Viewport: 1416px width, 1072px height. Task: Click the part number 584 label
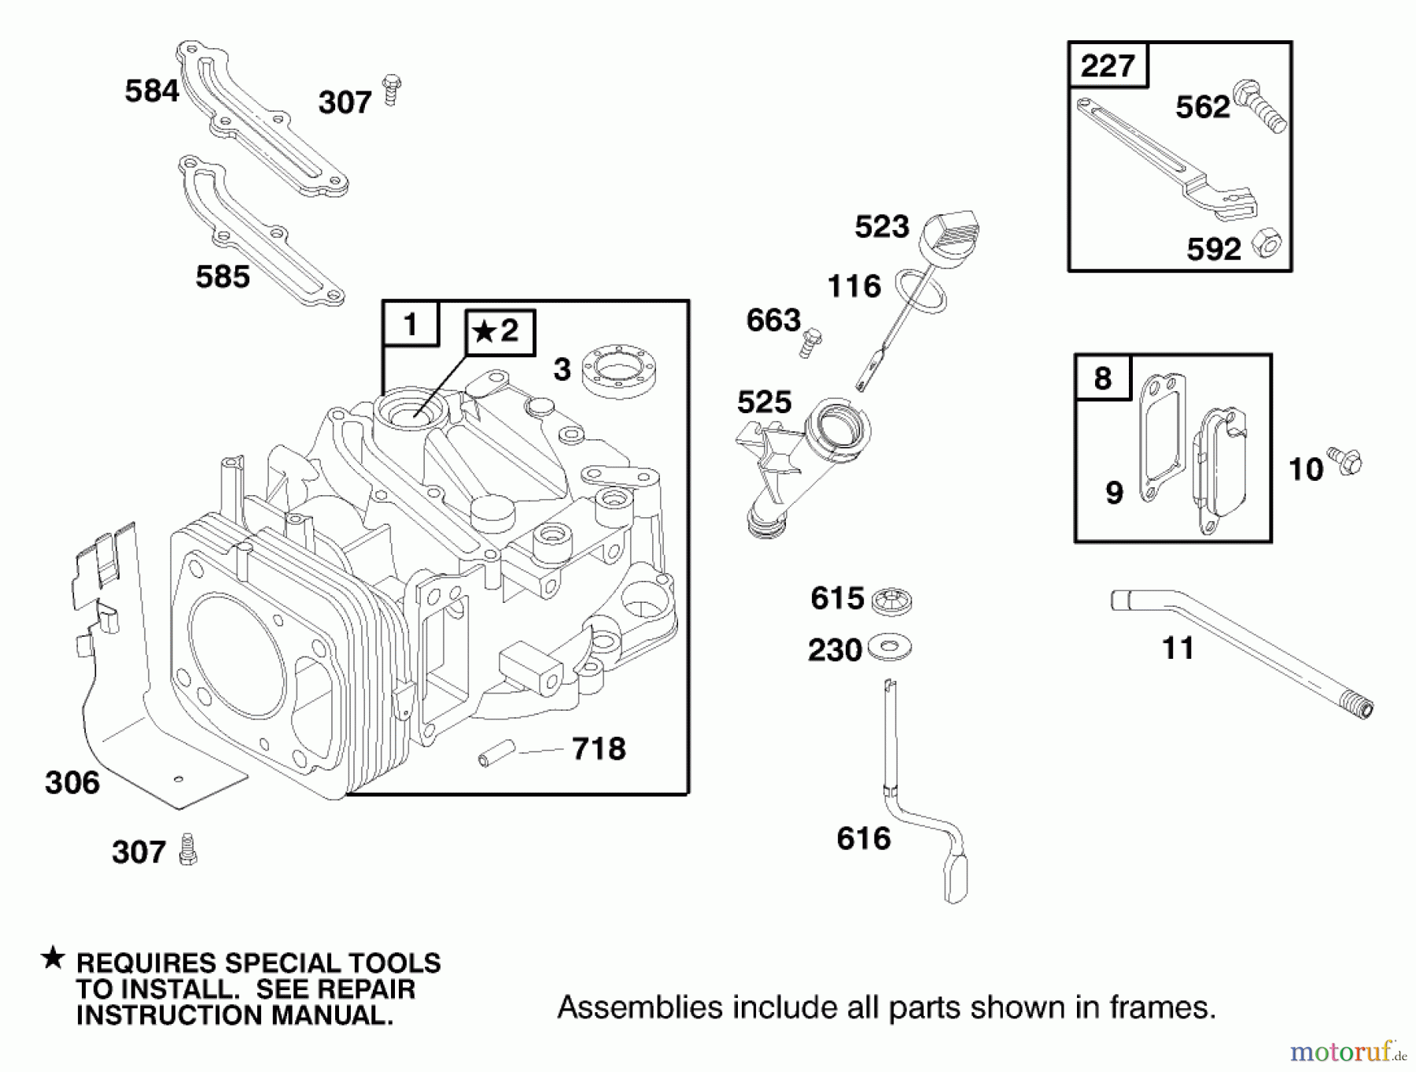151,91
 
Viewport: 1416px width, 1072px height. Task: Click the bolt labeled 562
1259,106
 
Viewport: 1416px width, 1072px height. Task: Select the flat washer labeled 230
890,649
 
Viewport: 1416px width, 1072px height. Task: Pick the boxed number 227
1107,65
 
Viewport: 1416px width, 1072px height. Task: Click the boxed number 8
1102,378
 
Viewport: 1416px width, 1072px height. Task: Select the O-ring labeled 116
922,290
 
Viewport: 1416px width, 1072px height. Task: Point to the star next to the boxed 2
485,332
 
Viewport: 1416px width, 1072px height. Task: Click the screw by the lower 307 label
188,850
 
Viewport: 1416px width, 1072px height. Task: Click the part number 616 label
863,839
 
